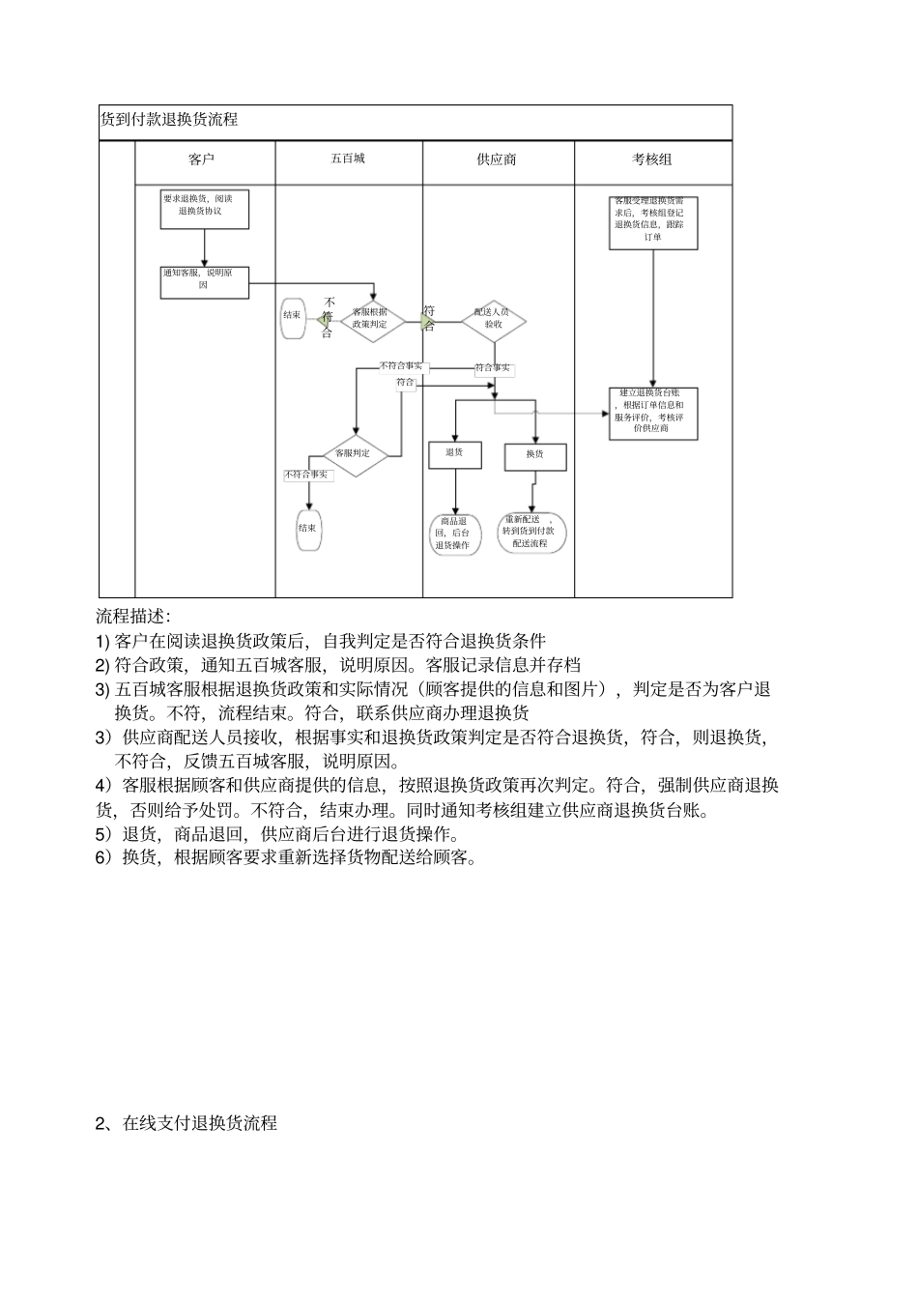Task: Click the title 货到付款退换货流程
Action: point(169,120)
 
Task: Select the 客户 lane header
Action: point(202,159)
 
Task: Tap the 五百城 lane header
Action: point(348,158)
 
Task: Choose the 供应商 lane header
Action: point(497,159)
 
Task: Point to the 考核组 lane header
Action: point(652,159)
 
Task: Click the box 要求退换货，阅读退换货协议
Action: point(205,209)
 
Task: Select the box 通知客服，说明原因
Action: point(204,281)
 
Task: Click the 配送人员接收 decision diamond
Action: point(494,319)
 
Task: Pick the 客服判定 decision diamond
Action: point(354,452)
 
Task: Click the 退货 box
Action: point(455,453)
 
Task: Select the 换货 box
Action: point(534,455)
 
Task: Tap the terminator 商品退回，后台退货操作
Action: point(454,534)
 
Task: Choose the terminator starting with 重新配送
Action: point(531,533)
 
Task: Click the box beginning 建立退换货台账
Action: point(653,413)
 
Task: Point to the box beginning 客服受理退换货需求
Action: point(653,223)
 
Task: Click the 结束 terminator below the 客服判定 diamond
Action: point(309,529)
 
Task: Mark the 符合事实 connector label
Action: point(493,368)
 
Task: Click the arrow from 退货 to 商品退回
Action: point(455,491)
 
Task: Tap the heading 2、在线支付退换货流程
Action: point(186,1123)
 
